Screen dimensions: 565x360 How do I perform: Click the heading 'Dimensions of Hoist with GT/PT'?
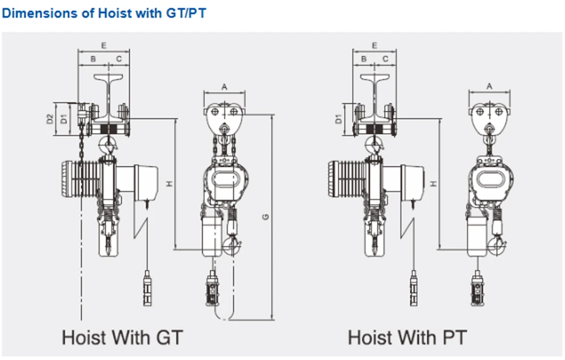[x=104, y=13]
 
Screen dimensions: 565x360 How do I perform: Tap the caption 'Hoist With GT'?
[x=122, y=338]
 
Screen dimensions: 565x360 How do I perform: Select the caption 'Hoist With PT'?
[x=407, y=338]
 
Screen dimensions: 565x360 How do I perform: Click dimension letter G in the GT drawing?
[x=266, y=216]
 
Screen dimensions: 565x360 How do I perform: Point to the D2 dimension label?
[x=50, y=119]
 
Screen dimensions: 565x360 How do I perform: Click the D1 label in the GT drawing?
[x=64, y=119]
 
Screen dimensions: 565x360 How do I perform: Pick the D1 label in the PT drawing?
[x=339, y=119]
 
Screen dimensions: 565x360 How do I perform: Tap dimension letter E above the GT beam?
[x=104, y=45]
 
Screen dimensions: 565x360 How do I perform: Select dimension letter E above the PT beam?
[x=374, y=45]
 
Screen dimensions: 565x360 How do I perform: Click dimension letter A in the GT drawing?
[x=224, y=87]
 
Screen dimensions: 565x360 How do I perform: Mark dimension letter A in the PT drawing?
[x=489, y=86]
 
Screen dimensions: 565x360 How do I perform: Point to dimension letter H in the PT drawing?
[x=434, y=184]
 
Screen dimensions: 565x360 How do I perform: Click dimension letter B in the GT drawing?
[x=93, y=59]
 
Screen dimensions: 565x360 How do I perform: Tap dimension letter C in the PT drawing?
[x=385, y=59]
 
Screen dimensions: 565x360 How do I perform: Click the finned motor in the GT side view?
[x=81, y=179]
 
